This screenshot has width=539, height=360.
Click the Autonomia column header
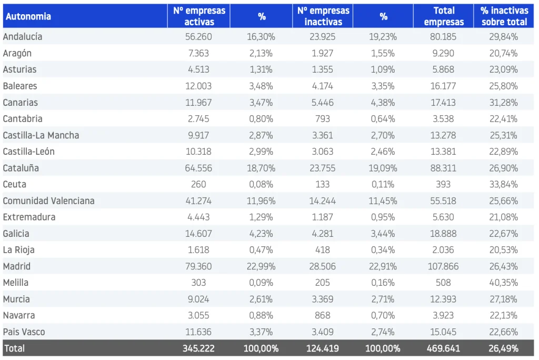28,16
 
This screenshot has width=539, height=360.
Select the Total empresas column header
443,16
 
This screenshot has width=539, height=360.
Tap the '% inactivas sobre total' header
504,16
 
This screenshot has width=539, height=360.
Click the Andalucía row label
23,36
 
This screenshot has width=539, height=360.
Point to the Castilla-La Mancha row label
41,135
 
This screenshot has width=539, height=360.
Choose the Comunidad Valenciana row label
48,201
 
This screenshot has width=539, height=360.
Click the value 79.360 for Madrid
198,266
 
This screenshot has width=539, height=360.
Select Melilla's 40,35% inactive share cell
503,283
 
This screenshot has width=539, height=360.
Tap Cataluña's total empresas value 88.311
443,168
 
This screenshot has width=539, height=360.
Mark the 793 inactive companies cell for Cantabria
323,118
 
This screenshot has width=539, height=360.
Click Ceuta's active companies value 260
198,184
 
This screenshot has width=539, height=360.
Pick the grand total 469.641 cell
443,348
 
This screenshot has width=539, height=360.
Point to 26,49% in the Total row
503,348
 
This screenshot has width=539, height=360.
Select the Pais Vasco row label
24,332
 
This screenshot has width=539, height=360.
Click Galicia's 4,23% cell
261,234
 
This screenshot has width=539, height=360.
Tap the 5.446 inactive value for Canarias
323,103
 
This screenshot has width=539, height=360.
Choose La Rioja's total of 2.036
443,249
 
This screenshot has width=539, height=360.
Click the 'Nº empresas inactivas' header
323,16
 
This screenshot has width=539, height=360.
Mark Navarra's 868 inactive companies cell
323,315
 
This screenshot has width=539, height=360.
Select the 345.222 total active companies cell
198,348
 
